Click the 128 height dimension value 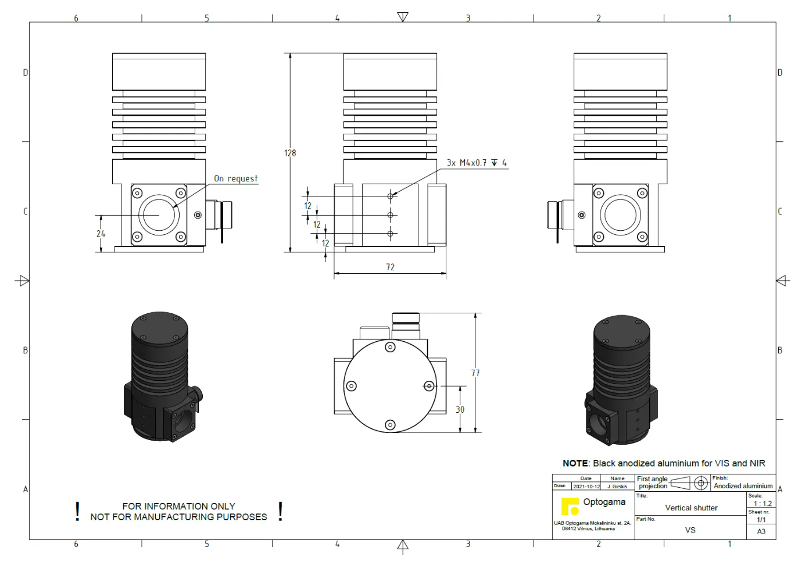coord(290,153)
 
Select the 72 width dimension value coord(390,267)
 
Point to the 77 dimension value coord(475,373)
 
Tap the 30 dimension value coord(460,409)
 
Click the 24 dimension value coord(101,234)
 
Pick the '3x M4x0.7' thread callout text coord(467,163)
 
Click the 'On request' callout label coord(236,178)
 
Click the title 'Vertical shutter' coord(691,507)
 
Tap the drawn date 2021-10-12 coord(586,487)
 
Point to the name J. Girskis coord(617,487)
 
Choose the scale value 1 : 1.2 coord(763,503)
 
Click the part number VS coord(690,530)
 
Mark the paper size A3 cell coord(761,531)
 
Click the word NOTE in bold coord(576,463)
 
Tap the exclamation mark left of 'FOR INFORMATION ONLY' coord(77,512)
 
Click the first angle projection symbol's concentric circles coord(701,483)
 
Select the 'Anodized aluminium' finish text coord(743,486)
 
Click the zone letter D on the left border coord(26,73)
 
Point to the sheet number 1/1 coord(761,520)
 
